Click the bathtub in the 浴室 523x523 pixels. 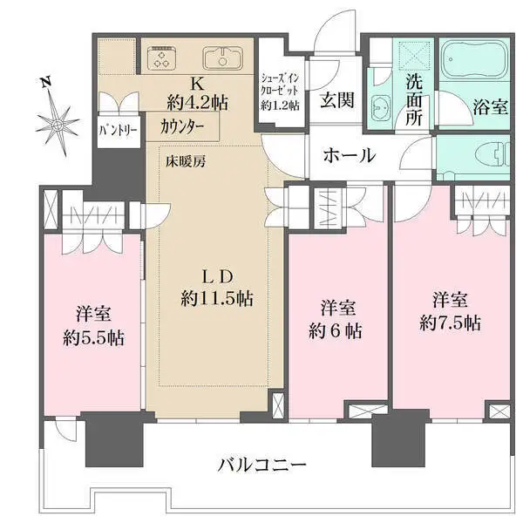472,61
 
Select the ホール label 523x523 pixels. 349,156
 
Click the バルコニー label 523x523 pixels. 261,465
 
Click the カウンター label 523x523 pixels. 182,126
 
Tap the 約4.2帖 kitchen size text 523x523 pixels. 198,102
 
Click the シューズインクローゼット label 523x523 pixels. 280,90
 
